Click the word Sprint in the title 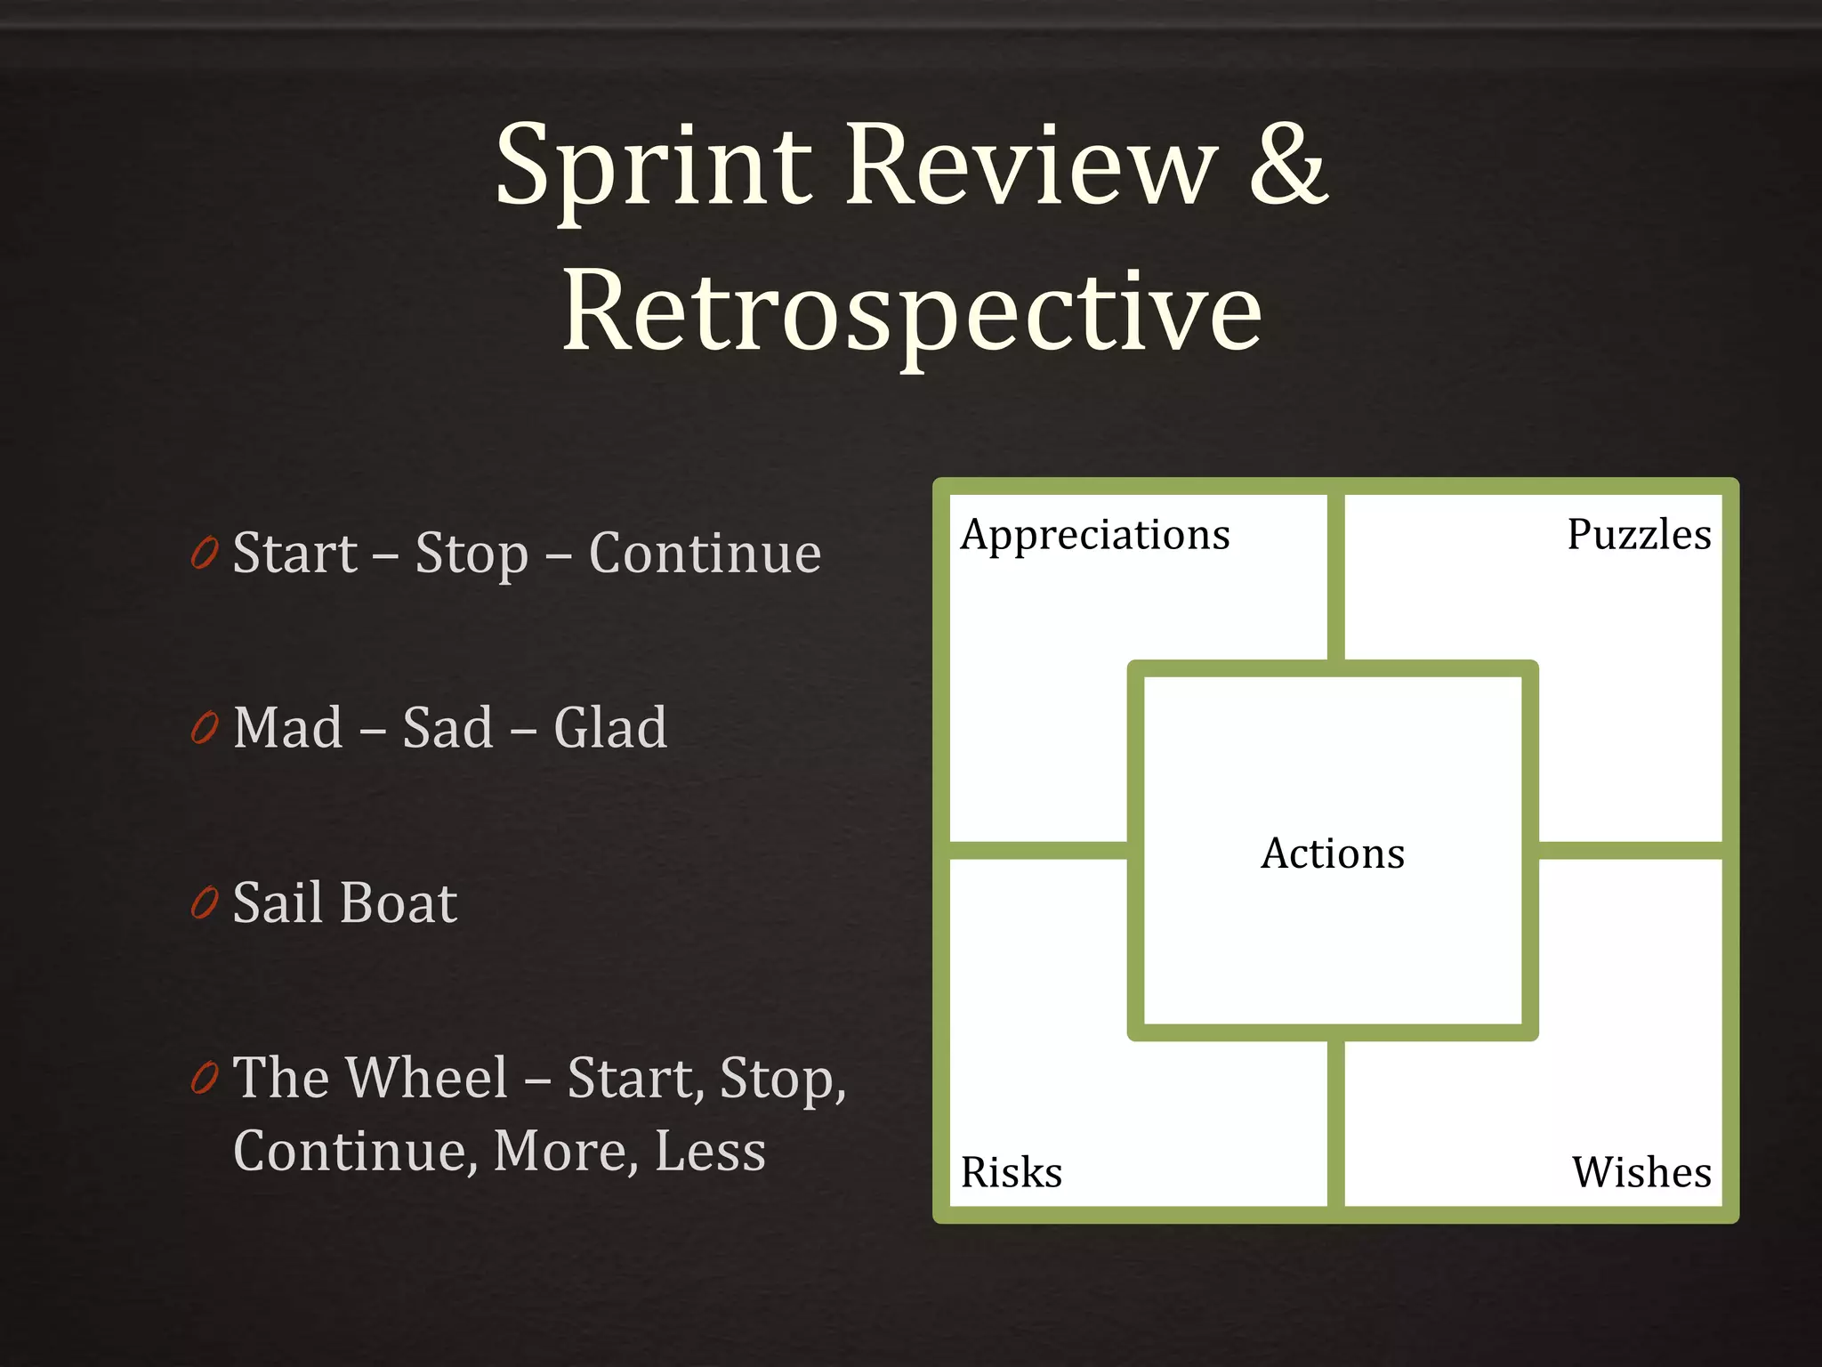654,169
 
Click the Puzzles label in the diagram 1639,535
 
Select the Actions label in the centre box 1333,853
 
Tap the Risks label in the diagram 1012,1172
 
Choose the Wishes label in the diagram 1641,1172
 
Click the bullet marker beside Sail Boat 205,903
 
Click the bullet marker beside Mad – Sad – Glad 205,729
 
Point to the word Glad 610,728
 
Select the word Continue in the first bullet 705,554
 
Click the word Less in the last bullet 710,1151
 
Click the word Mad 288,728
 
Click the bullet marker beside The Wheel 205,1079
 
